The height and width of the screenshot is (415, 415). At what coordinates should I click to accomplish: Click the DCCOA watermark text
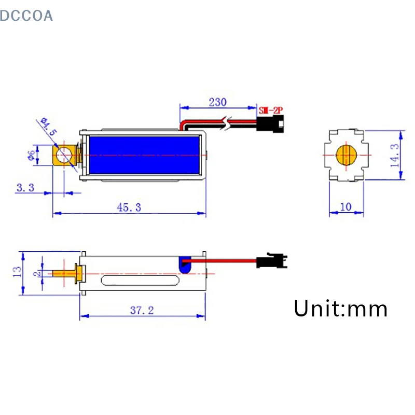point(26,16)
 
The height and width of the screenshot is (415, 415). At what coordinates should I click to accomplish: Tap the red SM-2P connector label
point(272,110)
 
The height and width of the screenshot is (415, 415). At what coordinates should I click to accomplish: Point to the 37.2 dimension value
point(142,310)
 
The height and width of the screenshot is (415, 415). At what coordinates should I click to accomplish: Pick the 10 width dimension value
point(345,206)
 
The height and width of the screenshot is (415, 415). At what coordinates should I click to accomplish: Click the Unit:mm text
point(340,309)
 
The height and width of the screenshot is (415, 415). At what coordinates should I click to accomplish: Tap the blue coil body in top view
point(145,155)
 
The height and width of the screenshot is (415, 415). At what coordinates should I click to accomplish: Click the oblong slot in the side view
point(141,282)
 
